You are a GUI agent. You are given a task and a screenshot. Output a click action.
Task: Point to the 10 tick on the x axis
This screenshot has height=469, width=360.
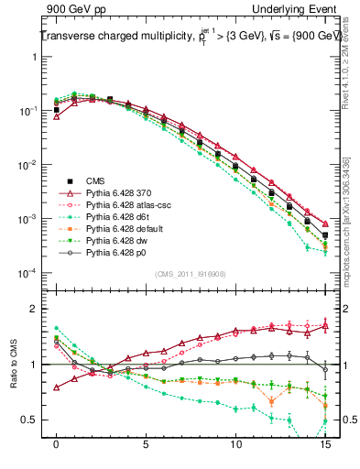coord(235,442)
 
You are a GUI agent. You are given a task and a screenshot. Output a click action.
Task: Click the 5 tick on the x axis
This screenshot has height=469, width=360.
coord(146,442)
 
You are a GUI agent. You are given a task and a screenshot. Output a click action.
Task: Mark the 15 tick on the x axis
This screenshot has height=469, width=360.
coord(325,442)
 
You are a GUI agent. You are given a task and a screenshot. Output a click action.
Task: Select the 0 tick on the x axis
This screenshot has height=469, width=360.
coord(57,442)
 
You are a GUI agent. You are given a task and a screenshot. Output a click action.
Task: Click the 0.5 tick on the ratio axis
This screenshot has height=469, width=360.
coord(34,420)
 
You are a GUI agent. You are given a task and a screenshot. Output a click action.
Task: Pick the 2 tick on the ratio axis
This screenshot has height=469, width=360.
coord(38,308)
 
